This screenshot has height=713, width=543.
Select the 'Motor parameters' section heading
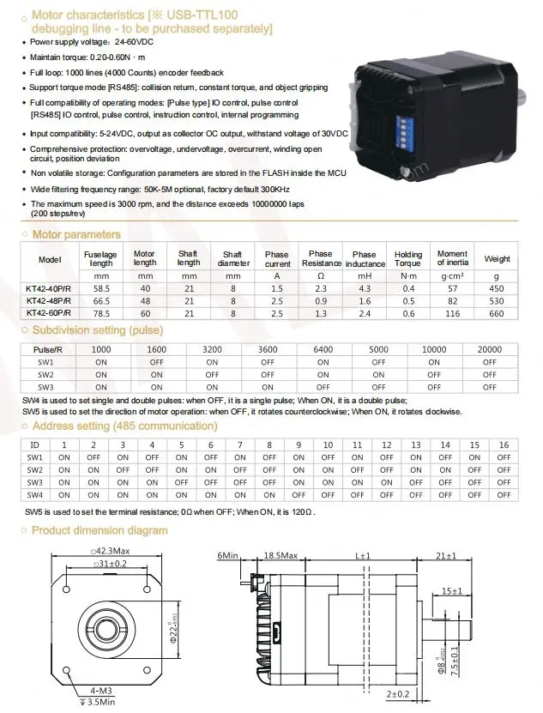(75, 234)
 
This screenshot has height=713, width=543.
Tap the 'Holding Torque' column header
(408, 259)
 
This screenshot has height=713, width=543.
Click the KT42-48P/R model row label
(49, 301)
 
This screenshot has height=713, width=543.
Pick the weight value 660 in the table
(498, 314)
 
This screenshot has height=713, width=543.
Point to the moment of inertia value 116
(452, 314)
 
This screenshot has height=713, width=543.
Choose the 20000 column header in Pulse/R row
(489, 349)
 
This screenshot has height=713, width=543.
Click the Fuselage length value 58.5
(100, 289)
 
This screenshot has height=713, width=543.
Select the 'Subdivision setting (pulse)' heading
(97, 330)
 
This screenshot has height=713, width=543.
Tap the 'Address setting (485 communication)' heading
(124, 426)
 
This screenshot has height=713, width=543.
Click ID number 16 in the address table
(504, 444)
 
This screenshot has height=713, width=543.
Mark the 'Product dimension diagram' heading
(100, 530)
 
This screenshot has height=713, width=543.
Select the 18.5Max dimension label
(281, 556)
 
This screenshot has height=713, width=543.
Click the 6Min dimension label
(227, 556)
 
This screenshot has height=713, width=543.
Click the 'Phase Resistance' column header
(321, 259)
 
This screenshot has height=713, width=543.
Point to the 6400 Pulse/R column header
(323, 349)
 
